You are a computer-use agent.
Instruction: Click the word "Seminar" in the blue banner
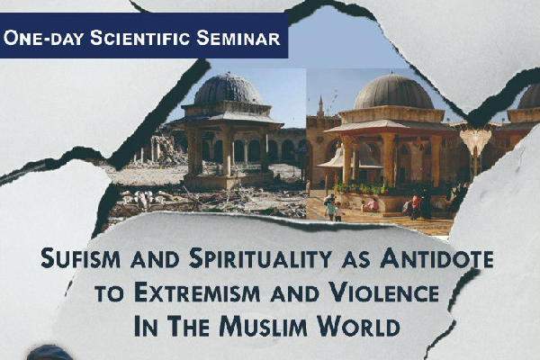click(238, 38)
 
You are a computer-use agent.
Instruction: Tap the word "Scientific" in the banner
click(140, 38)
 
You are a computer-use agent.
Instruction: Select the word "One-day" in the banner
click(44, 38)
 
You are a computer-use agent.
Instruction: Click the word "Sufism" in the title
click(81, 258)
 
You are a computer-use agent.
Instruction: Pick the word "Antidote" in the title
click(436, 258)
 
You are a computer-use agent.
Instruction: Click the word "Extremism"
click(197, 292)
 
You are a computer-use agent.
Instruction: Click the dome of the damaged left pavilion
click(229, 89)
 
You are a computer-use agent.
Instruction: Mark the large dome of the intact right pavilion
click(393, 92)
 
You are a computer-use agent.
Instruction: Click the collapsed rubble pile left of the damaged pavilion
click(165, 148)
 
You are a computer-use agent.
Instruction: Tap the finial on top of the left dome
click(228, 74)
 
